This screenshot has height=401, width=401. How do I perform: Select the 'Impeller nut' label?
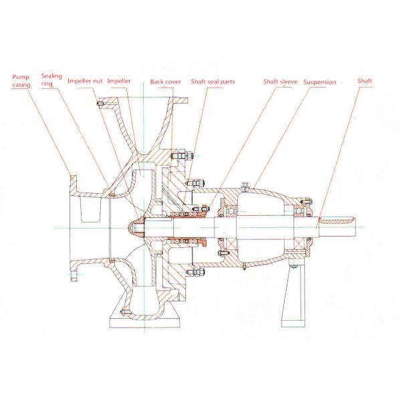point(85,81)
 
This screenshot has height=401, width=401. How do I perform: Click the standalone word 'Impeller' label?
point(119,81)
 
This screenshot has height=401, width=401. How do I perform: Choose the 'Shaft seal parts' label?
point(213,82)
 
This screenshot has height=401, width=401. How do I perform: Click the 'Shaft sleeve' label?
point(279,82)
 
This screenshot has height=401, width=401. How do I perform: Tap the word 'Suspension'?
point(319,82)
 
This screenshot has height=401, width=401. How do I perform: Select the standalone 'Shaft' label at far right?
point(365,81)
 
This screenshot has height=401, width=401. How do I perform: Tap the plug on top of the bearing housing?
point(246,186)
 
